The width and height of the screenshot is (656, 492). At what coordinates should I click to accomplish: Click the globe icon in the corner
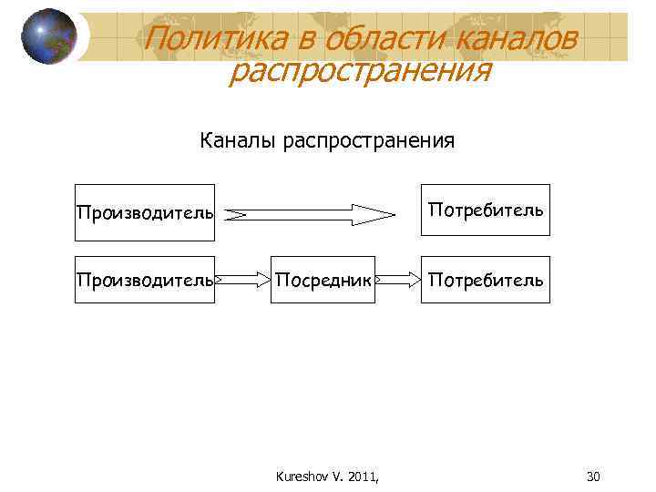[48, 36]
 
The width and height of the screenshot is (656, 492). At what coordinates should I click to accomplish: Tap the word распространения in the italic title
[360, 70]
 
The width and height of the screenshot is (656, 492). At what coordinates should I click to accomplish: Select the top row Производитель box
[145, 212]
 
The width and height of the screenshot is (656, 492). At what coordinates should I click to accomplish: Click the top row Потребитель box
[485, 211]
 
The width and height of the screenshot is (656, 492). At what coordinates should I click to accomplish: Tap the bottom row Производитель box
[145, 280]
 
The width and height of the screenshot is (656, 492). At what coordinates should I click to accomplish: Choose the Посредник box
[323, 280]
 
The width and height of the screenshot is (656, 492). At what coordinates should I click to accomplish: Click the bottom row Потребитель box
[485, 280]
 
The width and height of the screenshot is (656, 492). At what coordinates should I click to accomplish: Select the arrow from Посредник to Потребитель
[397, 280]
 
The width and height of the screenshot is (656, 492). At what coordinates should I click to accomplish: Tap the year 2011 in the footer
[363, 476]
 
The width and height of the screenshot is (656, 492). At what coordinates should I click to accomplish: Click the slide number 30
[593, 476]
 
